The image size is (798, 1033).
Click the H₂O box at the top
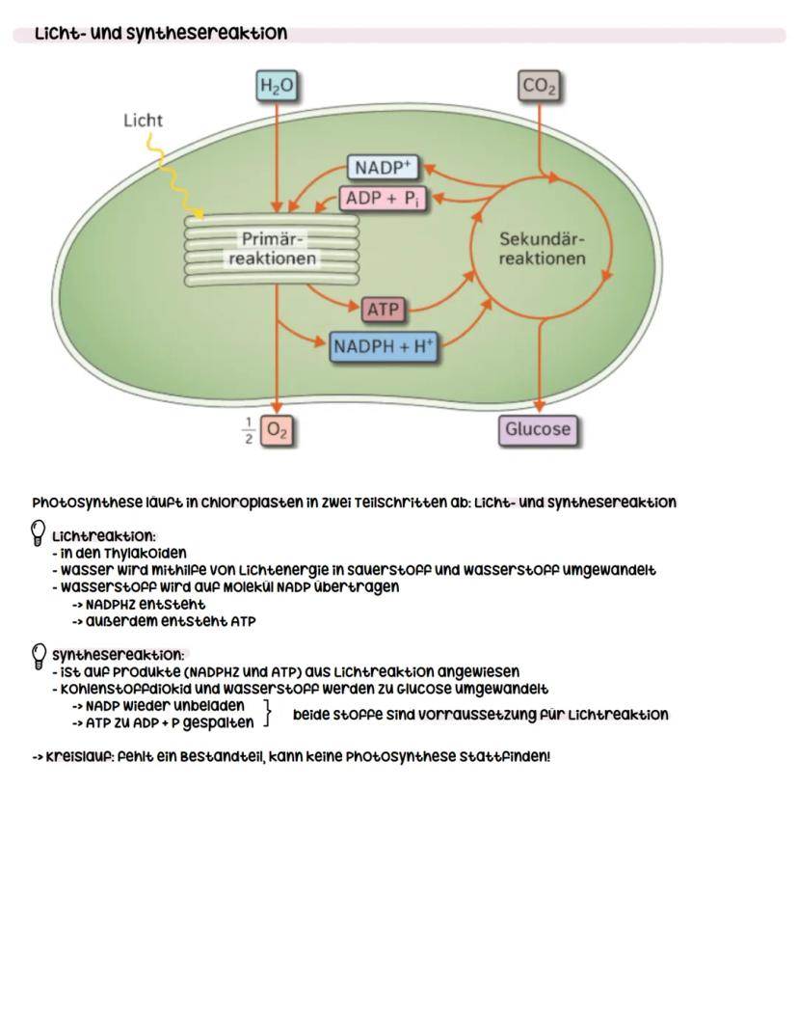pos(276,88)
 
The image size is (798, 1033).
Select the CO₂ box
pos(539,88)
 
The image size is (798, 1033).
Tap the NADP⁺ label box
pos(382,168)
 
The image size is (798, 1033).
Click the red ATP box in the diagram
pos(384,310)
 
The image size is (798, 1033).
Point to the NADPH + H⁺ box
pos(384,347)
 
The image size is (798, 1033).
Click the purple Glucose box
pos(538,429)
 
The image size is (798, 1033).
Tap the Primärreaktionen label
pos(272,249)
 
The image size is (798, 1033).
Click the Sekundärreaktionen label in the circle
pos(542,249)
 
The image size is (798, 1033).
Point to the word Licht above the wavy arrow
pos(143,121)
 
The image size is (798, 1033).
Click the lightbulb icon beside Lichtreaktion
pos(40,531)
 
